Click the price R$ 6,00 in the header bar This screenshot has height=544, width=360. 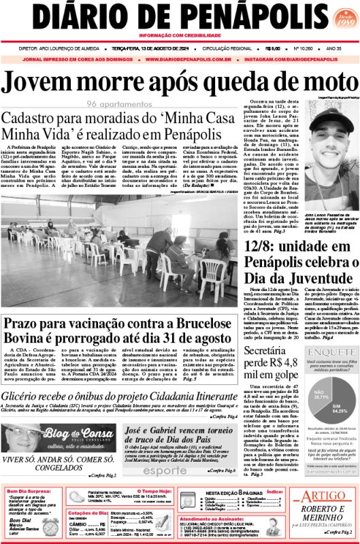273,49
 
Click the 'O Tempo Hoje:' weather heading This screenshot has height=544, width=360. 155,491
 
